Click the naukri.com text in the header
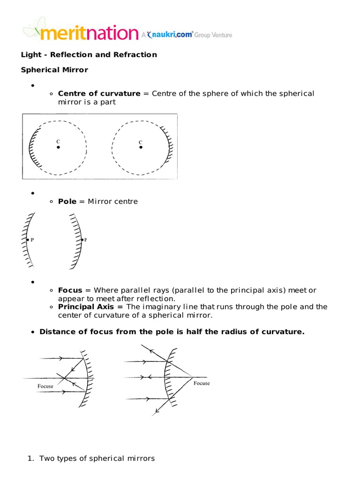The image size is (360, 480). pyautogui.click(x=170, y=35)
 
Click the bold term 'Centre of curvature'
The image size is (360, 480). pyautogui.click(x=99, y=93)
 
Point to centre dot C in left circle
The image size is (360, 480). pyautogui.click(x=58, y=147)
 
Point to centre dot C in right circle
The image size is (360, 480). pyautogui.click(x=141, y=147)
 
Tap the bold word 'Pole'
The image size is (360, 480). pyautogui.click(x=67, y=202)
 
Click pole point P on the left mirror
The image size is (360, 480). pyautogui.click(x=28, y=240)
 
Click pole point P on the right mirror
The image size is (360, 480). pyautogui.click(x=82, y=240)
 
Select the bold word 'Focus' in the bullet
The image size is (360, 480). pyautogui.click(x=70, y=290)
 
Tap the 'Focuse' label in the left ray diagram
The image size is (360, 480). pyautogui.click(x=45, y=386)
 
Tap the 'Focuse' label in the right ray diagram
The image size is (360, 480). pyautogui.click(x=202, y=383)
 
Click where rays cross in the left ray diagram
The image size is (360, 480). pyautogui.click(x=64, y=377)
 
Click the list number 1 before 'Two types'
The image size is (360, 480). pyautogui.click(x=31, y=458)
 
